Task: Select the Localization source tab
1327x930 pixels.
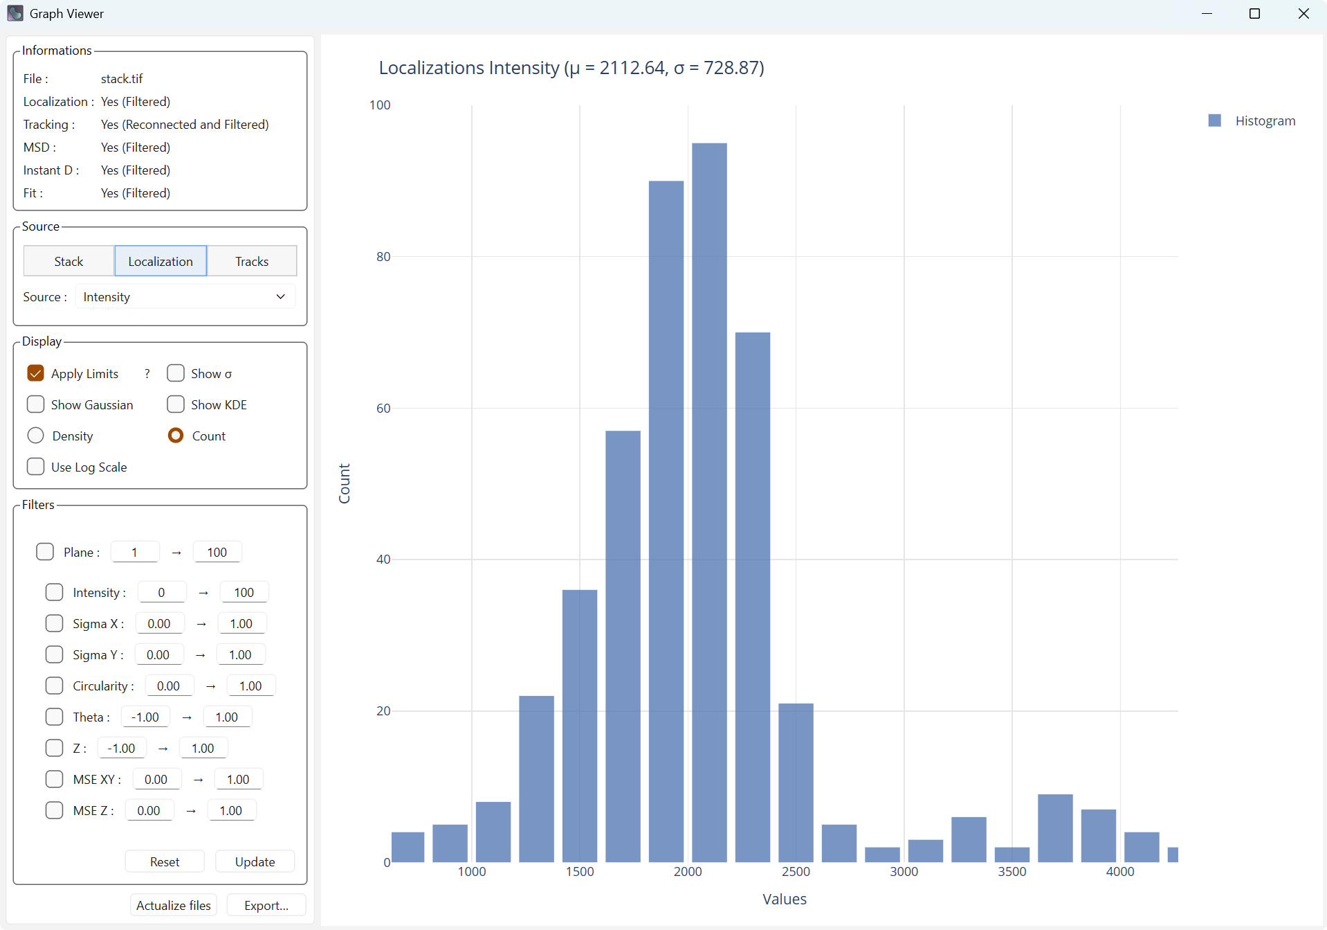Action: point(161,261)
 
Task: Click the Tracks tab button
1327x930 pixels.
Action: point(252,261)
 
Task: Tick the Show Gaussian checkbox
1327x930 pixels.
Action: point(36,404)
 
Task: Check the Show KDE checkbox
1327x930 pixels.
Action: point(176,404)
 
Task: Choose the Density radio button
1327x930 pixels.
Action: point(36,436)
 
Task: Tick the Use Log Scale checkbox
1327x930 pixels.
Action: point(36,467)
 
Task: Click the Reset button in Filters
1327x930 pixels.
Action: point(165,861)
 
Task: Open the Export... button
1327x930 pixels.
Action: point(266,905)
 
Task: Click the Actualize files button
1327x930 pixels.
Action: point(174,905)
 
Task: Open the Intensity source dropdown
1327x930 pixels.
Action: point(185,297)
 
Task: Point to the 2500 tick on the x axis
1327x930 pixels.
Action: point(796,871)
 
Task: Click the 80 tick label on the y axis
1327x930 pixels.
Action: point(383,257)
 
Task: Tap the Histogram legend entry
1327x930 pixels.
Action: point(1265,121)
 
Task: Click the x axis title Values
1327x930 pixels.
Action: point(785,899)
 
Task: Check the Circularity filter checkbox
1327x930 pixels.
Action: point(54,686)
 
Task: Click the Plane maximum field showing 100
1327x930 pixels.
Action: point(217,552)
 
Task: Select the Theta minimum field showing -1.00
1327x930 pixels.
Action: point(145,717)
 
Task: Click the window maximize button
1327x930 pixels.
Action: point(1254,14)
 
